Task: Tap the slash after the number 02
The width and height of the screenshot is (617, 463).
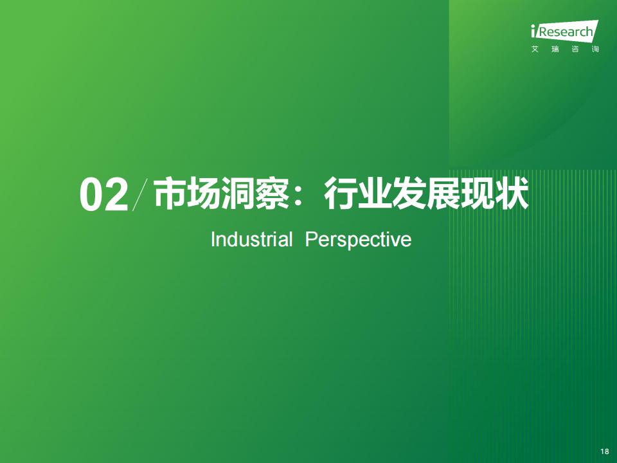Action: coord(140,194)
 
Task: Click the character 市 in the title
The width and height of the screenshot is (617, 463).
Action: coord(170,193)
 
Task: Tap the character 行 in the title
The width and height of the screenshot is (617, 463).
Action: coord(340,193)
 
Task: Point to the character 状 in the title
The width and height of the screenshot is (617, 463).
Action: coord(511,193)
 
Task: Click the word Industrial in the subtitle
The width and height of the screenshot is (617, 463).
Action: coord(252,239)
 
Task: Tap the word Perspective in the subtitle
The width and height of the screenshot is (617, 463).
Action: coord(359,240)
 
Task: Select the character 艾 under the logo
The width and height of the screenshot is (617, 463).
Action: coord(535,50)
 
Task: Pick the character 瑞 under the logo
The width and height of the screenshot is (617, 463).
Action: coord(555,50)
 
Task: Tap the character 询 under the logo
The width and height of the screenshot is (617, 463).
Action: coord(595,50)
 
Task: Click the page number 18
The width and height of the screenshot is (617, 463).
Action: coord(605,451)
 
